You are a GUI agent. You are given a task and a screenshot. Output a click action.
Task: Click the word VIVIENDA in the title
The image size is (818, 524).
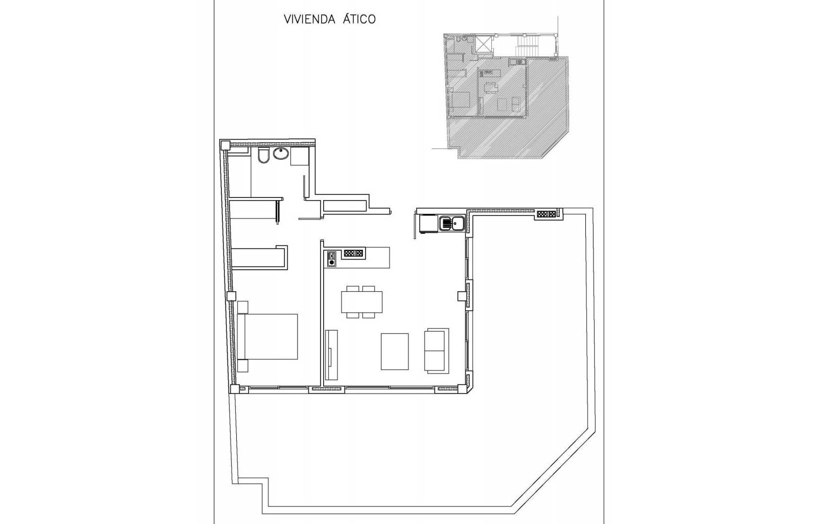click(x=310, y=19)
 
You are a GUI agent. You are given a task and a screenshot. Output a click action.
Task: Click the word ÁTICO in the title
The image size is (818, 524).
click(x=359, y=18)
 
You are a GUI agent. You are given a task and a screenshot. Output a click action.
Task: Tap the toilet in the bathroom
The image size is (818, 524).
click(x=263, y=156)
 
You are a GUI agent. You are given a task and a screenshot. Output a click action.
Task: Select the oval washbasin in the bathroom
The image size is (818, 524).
click(x=281, y=154)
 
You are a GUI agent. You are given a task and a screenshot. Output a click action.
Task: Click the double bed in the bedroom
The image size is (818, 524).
click(x=267, y=337)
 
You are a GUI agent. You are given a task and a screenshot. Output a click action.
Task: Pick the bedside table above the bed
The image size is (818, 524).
click(x=242, y=307)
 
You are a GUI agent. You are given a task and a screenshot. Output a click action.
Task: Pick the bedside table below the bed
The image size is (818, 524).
click(x=242, y=366)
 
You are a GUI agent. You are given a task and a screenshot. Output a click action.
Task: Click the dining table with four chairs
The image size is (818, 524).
click(x=361, y=302)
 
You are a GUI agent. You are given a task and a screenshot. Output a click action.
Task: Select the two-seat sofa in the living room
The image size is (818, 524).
click(x=437, y=351)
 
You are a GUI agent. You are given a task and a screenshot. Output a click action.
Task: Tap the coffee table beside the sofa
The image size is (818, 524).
click(x=394, y=352)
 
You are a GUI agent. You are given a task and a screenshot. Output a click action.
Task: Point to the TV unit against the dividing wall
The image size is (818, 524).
click(x=331, y=355)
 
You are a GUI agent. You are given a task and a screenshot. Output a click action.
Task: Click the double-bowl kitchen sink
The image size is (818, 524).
click(x=452, y=223)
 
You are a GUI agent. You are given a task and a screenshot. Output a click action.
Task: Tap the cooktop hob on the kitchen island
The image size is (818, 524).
click(x=331, y=258)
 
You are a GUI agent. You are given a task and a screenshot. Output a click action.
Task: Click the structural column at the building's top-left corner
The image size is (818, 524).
click(x=225, y=145)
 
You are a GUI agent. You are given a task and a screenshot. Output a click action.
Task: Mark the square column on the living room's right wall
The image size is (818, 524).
click(x=462, y=296)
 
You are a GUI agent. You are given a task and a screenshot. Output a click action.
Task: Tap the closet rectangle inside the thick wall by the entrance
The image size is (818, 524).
click(x=345, y=206)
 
